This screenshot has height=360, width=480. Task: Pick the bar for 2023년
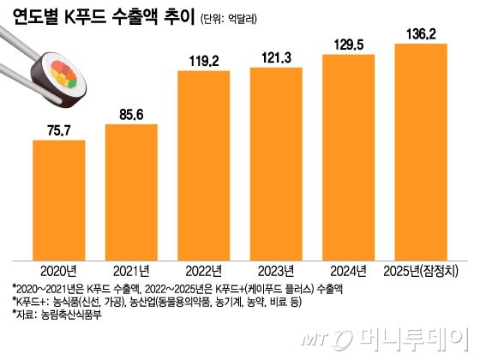click(x=275, y=164)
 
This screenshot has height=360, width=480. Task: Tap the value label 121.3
click(x=275, y=57)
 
